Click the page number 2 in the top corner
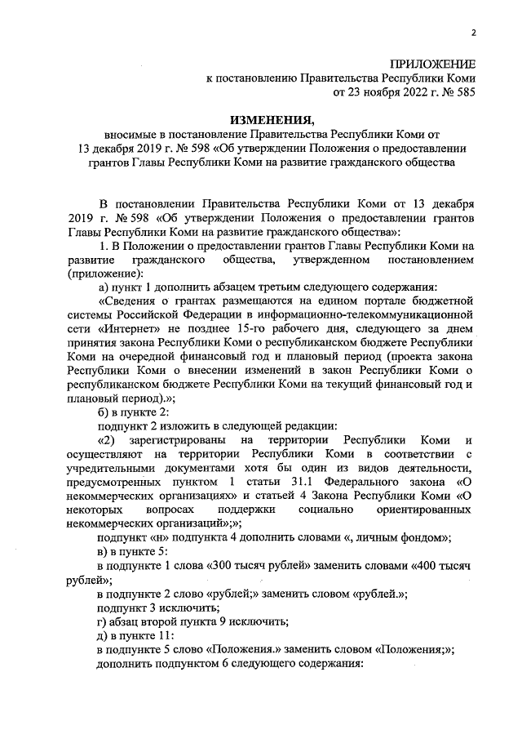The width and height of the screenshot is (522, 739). [472, 32]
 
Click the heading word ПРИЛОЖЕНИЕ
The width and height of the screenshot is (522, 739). [432, 64]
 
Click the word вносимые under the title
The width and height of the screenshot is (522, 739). [133, 135]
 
